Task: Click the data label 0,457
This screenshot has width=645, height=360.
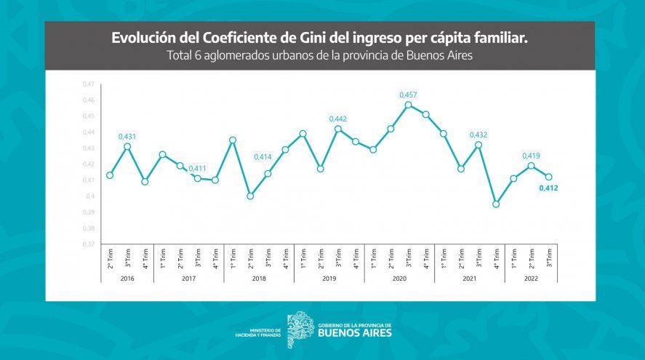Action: (408, 95)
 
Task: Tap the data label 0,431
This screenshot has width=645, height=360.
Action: (127, 136)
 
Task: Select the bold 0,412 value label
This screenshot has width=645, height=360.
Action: (548, 189)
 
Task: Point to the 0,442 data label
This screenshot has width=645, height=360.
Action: (338, 119)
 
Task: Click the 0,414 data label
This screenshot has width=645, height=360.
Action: (263, 157)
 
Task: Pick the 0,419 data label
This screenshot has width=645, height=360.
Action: (532, 156)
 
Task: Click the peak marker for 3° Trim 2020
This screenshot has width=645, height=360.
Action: (408, 105)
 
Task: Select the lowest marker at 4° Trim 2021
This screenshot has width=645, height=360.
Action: (497, 204)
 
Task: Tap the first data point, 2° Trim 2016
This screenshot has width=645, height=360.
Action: (110, 175)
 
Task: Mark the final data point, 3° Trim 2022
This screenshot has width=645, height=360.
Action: (549, 177)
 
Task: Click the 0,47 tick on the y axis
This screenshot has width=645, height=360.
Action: (89, 84)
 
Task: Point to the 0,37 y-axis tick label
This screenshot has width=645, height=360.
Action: (89, 244)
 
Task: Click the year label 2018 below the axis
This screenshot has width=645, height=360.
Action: (259, 278)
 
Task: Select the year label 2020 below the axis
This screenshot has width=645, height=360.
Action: (399, 278)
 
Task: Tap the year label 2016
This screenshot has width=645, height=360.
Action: (127, 278)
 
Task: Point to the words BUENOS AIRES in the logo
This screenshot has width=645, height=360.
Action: (355, 333)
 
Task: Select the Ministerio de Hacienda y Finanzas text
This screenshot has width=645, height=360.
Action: (258, 332)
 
